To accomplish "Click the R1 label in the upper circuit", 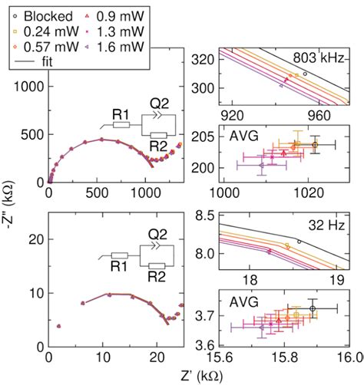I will [x=120, y=114].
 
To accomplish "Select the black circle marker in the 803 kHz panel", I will [x=305, y=74].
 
